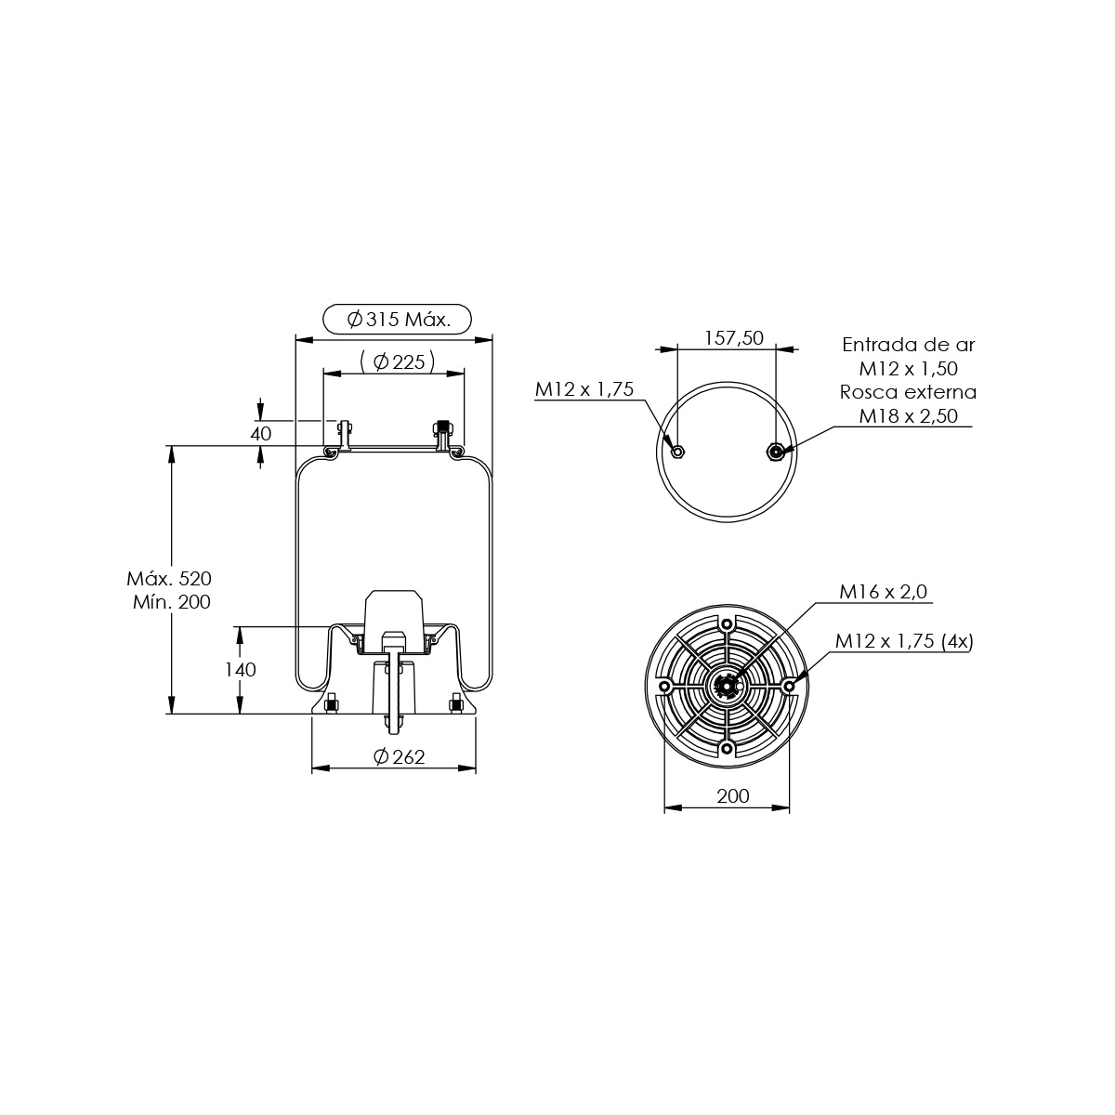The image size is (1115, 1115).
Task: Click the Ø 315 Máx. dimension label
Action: pos(398,319)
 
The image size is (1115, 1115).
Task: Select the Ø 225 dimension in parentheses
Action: pos(398,362)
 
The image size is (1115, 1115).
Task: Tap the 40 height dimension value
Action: pos(260,433)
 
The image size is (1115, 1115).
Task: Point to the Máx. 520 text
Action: pos(169,578)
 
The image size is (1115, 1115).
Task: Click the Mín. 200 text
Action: pos(172,602)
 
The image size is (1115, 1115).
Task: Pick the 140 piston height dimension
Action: pos(240,669)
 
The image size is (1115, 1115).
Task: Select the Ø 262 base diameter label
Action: pos(400,757)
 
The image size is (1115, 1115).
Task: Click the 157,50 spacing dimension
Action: pos(734,338)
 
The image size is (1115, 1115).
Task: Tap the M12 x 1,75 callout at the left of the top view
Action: pos(584,389)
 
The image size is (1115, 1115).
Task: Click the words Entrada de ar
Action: pos(909,345)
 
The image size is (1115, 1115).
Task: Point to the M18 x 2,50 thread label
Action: pos(909,416)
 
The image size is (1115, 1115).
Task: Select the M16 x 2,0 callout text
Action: pos(884,591)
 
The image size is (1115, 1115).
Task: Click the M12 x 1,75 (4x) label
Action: pos(904,641)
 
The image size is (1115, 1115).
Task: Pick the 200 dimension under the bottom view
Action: pos(733,796)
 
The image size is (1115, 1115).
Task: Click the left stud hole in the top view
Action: pos(677,451)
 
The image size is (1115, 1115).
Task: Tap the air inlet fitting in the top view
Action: pos(775,451)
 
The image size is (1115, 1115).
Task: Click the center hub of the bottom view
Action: pos(726,687)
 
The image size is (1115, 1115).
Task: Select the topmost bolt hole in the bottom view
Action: pos(727,624)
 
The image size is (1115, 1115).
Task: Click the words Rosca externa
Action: pos(909,392)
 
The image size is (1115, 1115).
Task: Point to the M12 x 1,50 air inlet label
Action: pos(909,369)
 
